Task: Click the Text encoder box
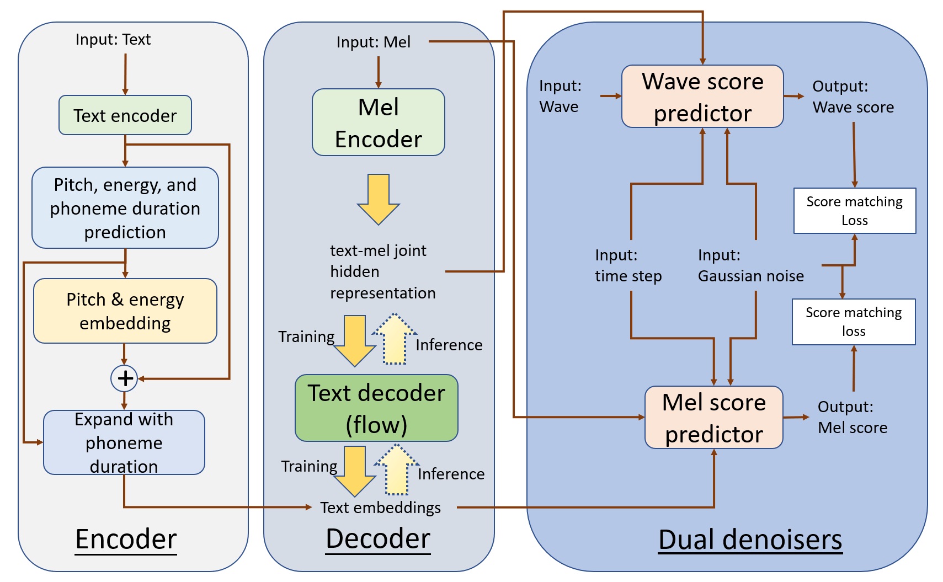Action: (x=125, y=115)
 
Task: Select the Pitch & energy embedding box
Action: (x=125, y=311)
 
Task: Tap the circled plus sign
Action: (x=125, y=378)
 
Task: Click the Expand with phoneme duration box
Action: (x=124, y=442)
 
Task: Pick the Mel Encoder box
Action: (x=379, y=122)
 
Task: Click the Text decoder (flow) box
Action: (x=376, y=408)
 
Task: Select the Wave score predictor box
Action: (x=702, y=97)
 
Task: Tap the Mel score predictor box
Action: (x=714, y=418)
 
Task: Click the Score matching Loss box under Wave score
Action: (x=854, y=211)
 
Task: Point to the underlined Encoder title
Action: (x=126, y=539)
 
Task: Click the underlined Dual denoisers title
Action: (x=750, y=540)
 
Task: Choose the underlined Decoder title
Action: (x=378, y=538)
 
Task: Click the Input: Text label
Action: (x=113, y=40)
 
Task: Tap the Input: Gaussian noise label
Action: (x=750, y=265)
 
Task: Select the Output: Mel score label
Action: (x=853, y=417)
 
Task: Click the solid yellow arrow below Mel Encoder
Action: (x=379, y=199)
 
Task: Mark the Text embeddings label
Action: (x=381, y=508)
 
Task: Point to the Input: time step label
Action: (x=628, y=265)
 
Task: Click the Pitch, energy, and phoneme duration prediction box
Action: (x=125, y=208)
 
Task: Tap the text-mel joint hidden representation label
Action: (x=382, y=271)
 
